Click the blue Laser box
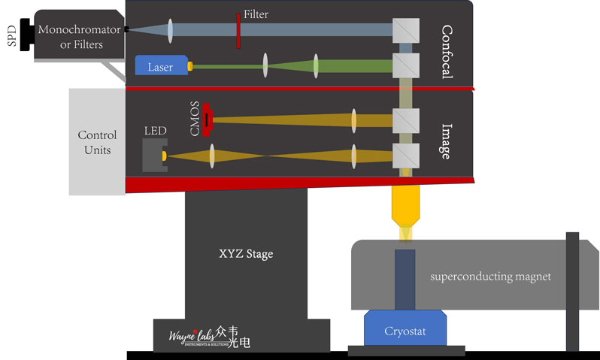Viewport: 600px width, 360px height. tap(160, 66)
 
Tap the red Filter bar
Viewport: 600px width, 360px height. tap(238, 30)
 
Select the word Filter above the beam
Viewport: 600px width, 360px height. tap(256, 14)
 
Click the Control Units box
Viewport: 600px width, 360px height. tap(97, 142)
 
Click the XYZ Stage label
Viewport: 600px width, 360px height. tap(246, 254)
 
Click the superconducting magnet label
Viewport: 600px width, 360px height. tap(490, 277)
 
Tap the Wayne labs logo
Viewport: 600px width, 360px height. tap(201, 335)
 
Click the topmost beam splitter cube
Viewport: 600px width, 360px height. tap(406, 29)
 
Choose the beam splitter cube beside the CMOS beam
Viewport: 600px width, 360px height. tap(406, 119)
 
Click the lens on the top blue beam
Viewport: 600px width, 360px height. tap(171, 29)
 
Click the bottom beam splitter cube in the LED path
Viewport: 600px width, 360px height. tap(406, 156)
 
